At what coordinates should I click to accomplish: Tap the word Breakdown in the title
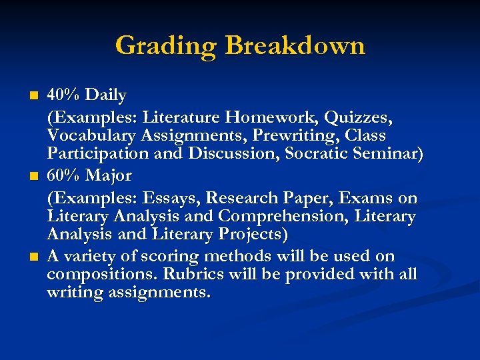295,46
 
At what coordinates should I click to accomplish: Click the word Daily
107,95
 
